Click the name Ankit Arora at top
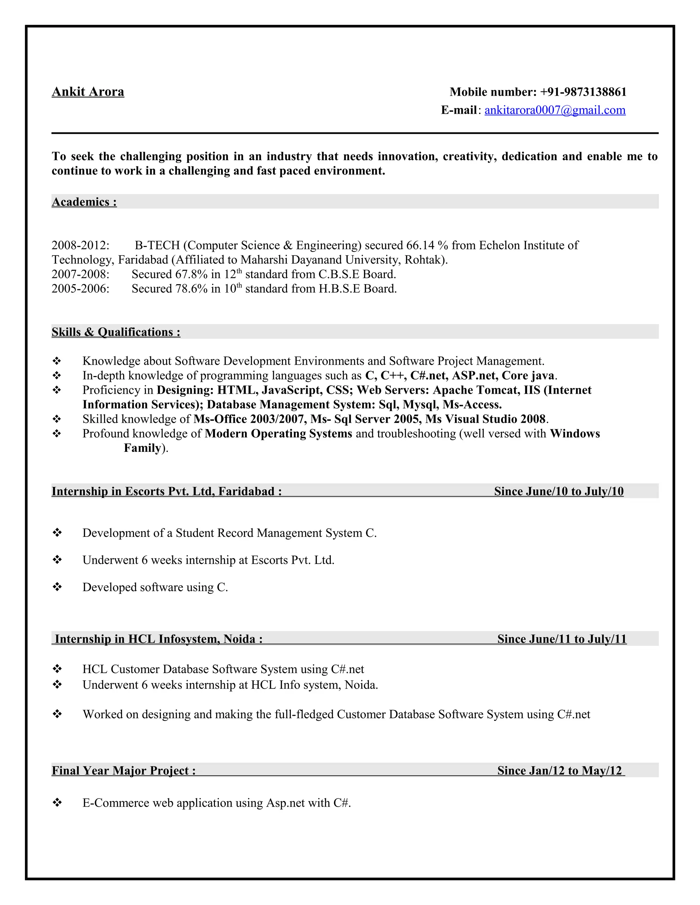88,92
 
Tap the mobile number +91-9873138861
583,92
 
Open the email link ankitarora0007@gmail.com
555,110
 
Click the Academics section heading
84,202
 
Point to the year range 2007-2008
80,274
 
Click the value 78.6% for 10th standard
191,289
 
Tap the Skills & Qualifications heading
116,332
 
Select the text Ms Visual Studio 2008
485,419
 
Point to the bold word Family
142,448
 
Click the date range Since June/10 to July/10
558,491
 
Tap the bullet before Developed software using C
57,587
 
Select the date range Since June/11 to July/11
562,639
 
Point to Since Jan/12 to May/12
560,771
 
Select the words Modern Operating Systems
278,433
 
